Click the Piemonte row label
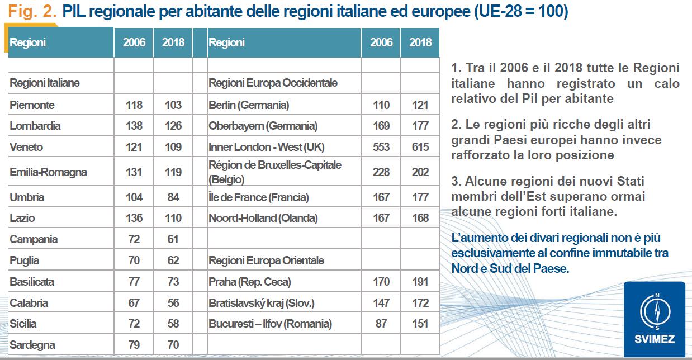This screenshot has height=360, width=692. click(32, 105)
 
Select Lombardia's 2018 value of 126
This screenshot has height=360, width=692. click(173, 126)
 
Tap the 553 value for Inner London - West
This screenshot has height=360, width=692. click(381, 147)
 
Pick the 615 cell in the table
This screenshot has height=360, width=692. click(420, 147)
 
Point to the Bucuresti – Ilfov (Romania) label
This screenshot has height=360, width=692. click(270, 324)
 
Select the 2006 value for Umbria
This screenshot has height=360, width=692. click(134, 197)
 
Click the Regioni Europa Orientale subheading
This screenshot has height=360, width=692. click(266, 260)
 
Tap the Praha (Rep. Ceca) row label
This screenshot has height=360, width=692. click(249, 282)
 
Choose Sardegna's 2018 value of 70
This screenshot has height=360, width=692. click(173, 345)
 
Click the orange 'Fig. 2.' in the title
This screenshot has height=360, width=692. click(32, 12)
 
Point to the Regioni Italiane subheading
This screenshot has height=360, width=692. click(45, 83)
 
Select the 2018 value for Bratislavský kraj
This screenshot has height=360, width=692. click(420, 303)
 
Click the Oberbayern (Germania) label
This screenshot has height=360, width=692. click(263, 126)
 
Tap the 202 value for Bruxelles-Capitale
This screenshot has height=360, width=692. click(420, 172)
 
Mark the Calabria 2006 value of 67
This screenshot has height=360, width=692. click(134, 303)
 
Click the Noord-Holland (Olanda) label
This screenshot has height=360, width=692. click(263, 218)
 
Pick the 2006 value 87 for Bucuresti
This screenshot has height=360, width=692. click(381, 324)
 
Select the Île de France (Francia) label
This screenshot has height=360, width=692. click(258, 197)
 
